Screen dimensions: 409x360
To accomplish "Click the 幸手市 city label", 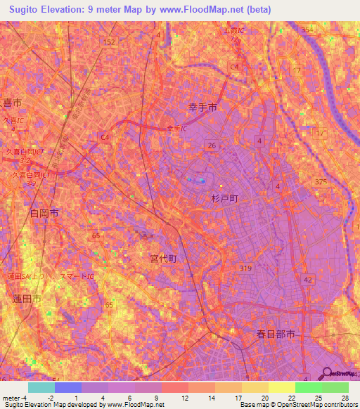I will pyautogui.click(x=202, y=108).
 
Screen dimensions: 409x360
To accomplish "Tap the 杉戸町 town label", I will pyautogui.click(x=225, y=199).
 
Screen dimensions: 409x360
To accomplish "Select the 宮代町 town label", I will pyautogui.click(x=163, y=259).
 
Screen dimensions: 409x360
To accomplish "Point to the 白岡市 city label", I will pyautogui.click(x=44, y=212).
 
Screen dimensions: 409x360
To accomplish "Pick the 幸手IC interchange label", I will pyautogui.click(x=176, y=128).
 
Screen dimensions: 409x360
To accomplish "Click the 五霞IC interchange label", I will pyautogui.click(x=232, y=32).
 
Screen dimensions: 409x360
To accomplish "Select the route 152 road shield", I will pyautogui.click(x=108, y=42).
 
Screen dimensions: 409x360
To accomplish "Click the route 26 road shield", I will pyautogui.click(x=211, y=145).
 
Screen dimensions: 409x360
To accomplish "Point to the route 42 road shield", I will pyautogui.click(x=307, y=280).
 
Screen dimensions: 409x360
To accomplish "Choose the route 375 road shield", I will pyautogui.click(x=321, y=181).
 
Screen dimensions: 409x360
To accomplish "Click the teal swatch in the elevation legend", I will pyautogui.click(x=41, y=387).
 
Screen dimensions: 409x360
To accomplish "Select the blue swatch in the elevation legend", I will pyautogui.click(x=67, y=387).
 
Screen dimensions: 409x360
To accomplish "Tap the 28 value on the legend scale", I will pyautogui.click(x=345, y=398).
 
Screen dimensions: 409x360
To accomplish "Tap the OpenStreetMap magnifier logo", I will pyautogui.click(x=327, y=375).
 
